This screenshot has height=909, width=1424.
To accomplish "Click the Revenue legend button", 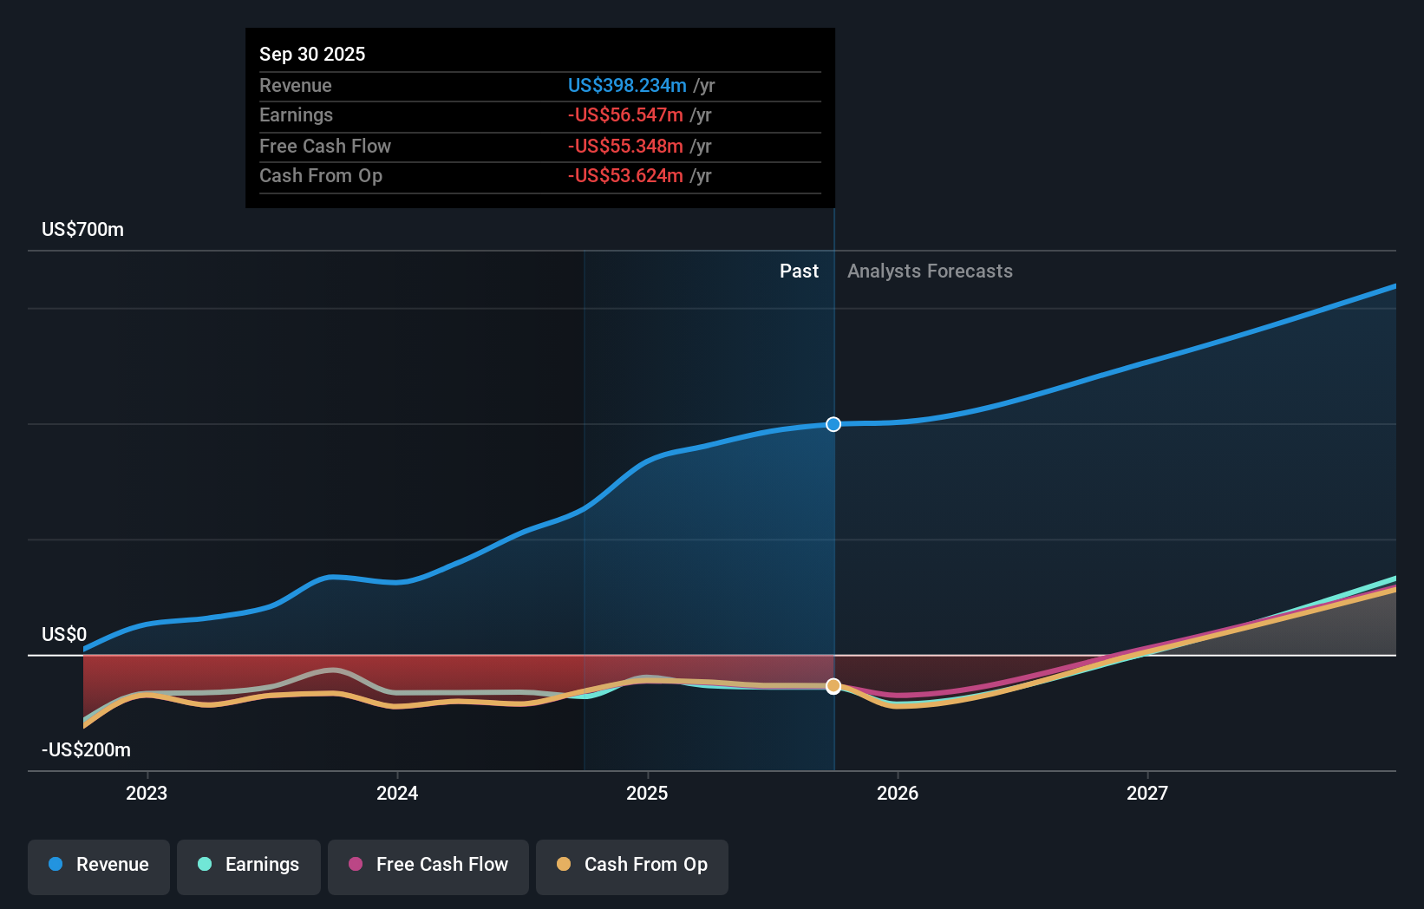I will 99,865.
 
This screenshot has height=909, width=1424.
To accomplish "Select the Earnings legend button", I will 249,865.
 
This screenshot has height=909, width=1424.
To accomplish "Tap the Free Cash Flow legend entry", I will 428,865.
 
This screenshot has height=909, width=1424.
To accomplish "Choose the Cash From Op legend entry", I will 632,865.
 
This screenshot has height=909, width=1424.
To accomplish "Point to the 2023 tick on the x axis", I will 147,793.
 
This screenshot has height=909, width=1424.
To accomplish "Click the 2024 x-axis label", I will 397,793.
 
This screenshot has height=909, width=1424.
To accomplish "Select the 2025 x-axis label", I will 647,793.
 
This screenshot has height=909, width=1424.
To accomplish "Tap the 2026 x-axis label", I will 898,793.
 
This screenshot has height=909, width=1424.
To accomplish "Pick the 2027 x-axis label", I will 1147,793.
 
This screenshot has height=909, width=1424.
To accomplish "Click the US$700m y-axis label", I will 82,230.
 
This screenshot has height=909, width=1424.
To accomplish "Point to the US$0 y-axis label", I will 64,634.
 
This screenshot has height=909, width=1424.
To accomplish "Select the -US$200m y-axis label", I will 86,749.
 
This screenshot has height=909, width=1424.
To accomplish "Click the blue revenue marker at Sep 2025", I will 833,424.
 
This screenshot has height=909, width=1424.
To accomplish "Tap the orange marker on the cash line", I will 833,686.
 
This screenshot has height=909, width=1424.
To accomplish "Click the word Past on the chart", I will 799,271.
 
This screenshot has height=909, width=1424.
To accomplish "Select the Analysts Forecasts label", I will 930,271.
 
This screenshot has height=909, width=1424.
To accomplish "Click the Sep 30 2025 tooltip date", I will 312,54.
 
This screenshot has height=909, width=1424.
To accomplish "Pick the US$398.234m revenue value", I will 627,85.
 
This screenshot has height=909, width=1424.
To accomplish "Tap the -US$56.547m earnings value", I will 625,115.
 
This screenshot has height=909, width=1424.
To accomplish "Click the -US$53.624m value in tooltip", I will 625,176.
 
